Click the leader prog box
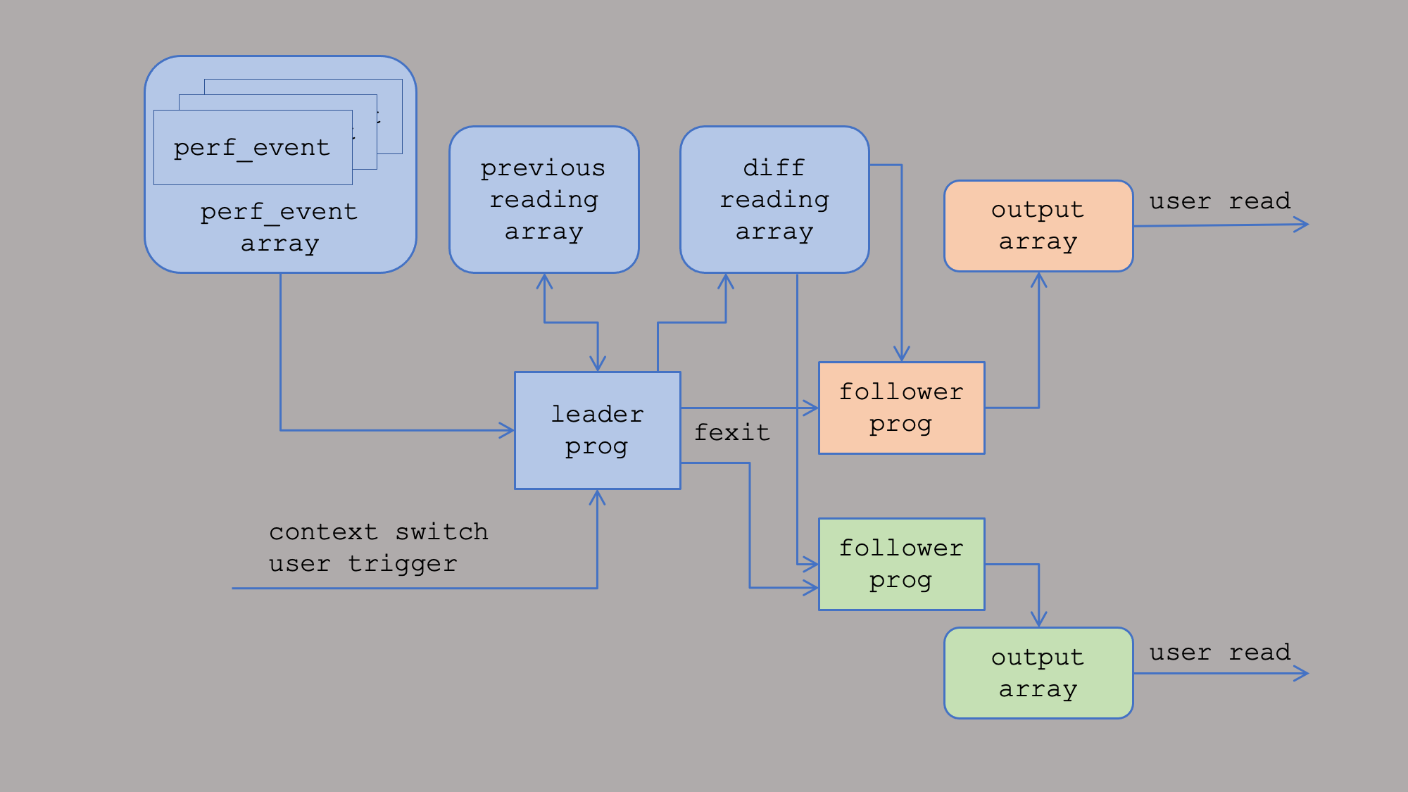coord(598,430)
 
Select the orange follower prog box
coord(902,408)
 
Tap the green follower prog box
coord(902,564)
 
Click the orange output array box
coord(1038,226)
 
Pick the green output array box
coord(1038,673)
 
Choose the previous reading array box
coord(544,199)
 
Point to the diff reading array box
coord(774,199)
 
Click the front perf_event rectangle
coord(253,147)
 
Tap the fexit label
coord(732,432)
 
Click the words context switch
coord(379,531)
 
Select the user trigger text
coord(363,563)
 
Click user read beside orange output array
coord(1220,201)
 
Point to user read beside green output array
coord(1220,652)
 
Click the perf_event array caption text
coord(279,227)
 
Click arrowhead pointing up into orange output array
coord(1038,280)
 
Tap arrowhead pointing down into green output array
coord(1038,620)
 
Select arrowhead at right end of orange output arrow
coord(1301,225)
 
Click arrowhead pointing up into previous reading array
coord(544,282)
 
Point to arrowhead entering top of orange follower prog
coord(902,353)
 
